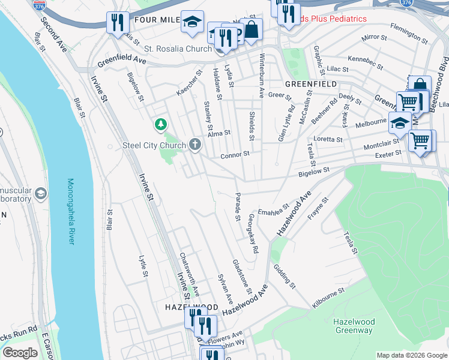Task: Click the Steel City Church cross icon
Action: pos(194,144)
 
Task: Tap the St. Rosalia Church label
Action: pos(182,49)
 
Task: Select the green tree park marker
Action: pos(160,125)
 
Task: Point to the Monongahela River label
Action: pos(71,212)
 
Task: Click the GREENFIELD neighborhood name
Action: pos(311,84)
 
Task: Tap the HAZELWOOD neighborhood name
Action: pos(191,307)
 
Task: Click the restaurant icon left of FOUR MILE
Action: pos(116,23)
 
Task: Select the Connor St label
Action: pos(235,155)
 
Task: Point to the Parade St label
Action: pos(238,205)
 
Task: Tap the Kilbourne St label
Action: pos(328,298)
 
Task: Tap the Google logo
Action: pos(20,353)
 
